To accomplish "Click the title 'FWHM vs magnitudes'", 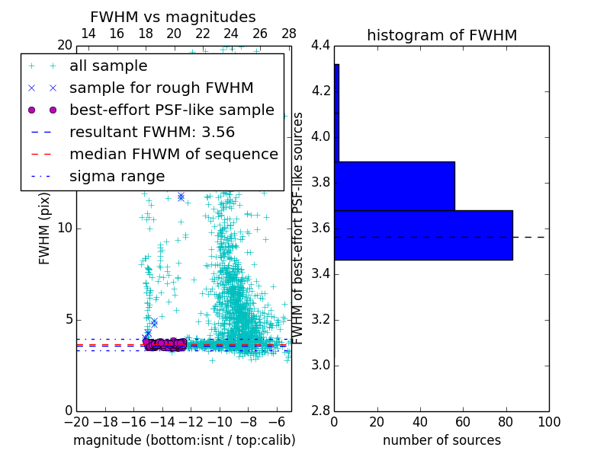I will [x=173, y=17].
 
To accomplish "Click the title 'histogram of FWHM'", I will [x=441, y=35].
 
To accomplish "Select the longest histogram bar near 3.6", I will [x=423, y=235].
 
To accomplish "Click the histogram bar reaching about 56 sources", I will [x=394, y=186].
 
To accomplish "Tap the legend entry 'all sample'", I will [x=108, y=66].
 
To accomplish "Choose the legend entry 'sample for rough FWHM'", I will [x=161, y=88].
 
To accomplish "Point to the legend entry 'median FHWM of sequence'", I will [x=173, y=155].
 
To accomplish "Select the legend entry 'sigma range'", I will [x=117, y=177].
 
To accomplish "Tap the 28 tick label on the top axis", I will [x=289, y=34].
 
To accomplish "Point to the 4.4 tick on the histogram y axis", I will [x=320, y=46].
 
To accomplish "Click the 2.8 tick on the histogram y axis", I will [x=320, y=411].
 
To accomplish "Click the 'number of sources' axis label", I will [x=441, y=440].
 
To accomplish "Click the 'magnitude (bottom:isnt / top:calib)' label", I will [x=184, y=440].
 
